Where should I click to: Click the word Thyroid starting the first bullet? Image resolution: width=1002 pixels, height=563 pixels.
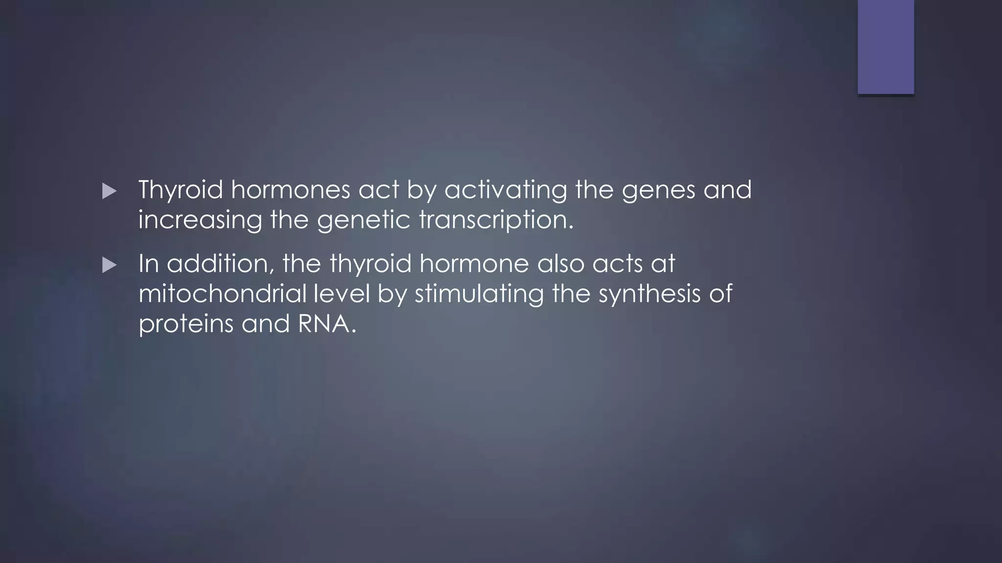point(181,190)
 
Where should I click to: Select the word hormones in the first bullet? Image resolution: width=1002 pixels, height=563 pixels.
point(291,190)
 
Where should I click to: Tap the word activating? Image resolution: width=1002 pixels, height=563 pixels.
point(505,190)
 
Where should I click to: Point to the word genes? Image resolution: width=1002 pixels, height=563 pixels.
point(659,191)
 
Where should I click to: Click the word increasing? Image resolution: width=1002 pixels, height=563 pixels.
point(200,220)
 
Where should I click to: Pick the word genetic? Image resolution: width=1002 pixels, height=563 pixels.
point(364,220)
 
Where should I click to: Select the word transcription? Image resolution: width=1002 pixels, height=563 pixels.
point(496,220)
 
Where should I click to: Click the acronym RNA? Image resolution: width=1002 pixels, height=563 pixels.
point(326,324)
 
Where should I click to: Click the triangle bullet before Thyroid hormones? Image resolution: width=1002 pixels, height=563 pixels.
point(110,192)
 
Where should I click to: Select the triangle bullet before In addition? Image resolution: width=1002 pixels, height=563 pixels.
point(110,266)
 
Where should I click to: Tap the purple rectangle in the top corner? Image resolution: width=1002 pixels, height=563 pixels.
point(886,46)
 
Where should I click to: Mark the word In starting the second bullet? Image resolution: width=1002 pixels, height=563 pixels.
point(149,264)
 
